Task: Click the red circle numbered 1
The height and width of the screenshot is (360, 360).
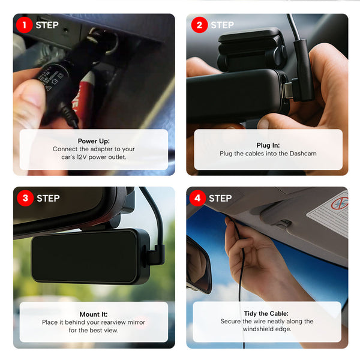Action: (x=25, y=25)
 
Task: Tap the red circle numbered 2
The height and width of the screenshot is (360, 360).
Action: (x=199, y=25)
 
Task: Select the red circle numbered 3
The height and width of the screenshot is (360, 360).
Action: (x=25, y=198)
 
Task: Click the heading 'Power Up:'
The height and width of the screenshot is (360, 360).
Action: (x=94, y=141)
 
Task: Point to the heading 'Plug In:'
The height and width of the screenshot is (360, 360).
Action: (x=268, y=145)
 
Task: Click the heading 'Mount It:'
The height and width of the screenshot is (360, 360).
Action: (x=94, y=314)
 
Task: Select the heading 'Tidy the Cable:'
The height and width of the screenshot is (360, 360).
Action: (x=267, y=313)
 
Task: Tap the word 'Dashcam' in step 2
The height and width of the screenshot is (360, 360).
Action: (x=303, y=154)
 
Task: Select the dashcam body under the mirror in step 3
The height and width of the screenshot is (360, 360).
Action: (x=88, y=256)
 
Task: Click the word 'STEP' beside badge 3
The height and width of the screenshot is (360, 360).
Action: (x=48, y=198)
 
